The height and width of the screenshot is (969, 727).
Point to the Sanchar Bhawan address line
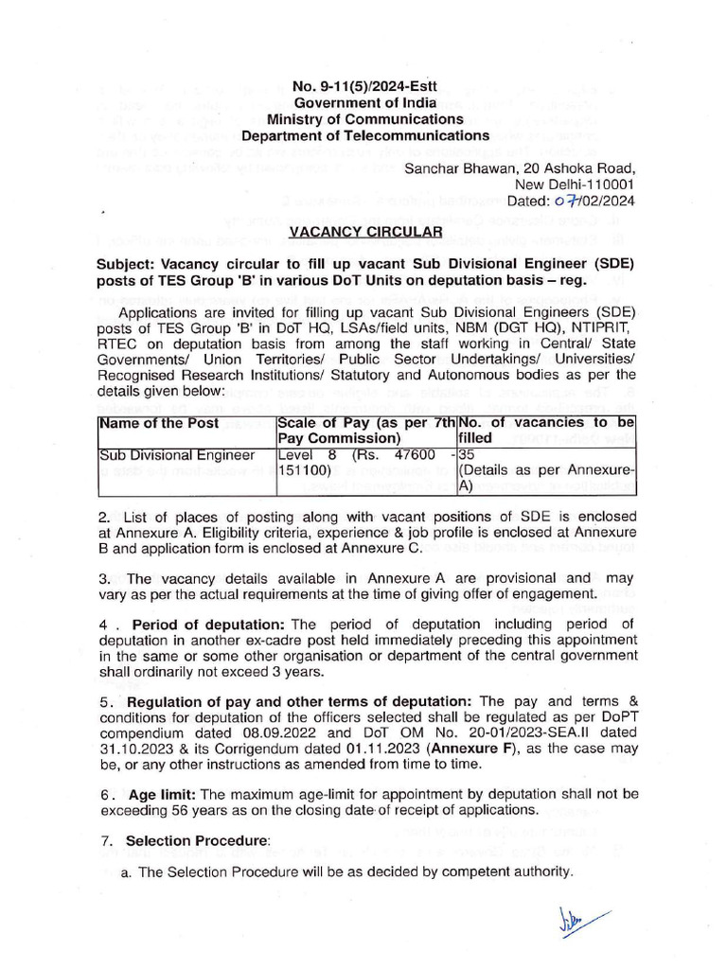(519, 168)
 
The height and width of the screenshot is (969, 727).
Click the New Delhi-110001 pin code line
(574, 185)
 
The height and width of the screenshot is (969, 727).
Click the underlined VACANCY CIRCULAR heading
(364, 231)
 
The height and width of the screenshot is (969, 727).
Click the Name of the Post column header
(158, 423)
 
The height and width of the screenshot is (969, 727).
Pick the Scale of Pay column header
(365, 431)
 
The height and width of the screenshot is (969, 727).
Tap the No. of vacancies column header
(546, 431)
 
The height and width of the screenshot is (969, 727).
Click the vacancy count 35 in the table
(466, 454)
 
